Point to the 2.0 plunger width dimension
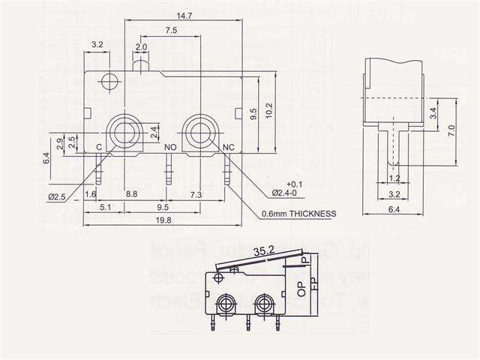pos(141,46)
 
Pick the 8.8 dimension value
pos(131,194)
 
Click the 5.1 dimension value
pos(105,207)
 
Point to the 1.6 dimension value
pos(91,194)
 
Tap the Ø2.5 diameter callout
pos(57,196)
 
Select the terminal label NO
pos(170,148)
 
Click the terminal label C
pos(98,148)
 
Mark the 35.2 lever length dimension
pos(263,251)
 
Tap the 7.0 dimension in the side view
pos(451,129)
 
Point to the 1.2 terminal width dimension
pos(394,179)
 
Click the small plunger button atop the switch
pos(141,67)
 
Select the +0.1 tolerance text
pos(294,184)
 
